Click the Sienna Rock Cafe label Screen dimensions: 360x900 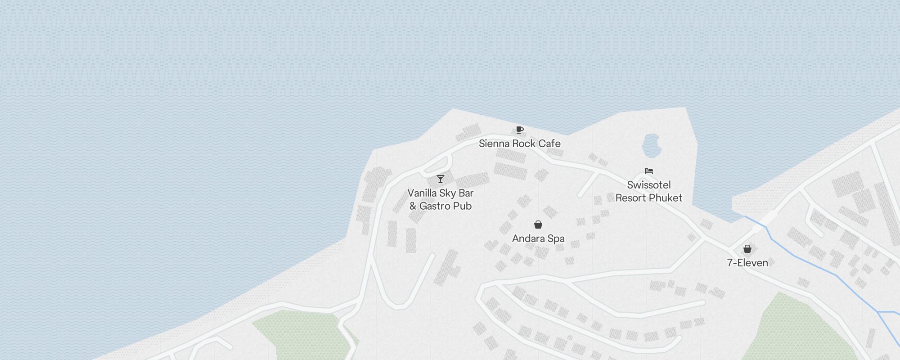[519, 144]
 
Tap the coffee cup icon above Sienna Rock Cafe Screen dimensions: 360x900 [519, 130]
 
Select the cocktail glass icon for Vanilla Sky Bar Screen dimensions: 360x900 [441, 179]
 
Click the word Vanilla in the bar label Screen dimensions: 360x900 [422, 193]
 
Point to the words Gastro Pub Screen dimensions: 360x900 [445, 206]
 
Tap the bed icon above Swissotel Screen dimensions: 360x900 [648, 171]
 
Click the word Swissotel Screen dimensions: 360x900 [648, 185]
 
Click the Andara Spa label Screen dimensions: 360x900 [538, 238]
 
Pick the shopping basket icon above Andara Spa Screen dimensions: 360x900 [538, 225]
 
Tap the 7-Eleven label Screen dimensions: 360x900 [747, 263]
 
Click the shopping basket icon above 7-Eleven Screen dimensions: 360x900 [747, 249]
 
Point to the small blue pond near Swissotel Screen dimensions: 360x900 [651, 145]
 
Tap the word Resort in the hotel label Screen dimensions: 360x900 [631, 198]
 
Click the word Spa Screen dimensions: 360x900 [556, 238]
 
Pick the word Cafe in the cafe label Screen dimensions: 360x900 [549, 144]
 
